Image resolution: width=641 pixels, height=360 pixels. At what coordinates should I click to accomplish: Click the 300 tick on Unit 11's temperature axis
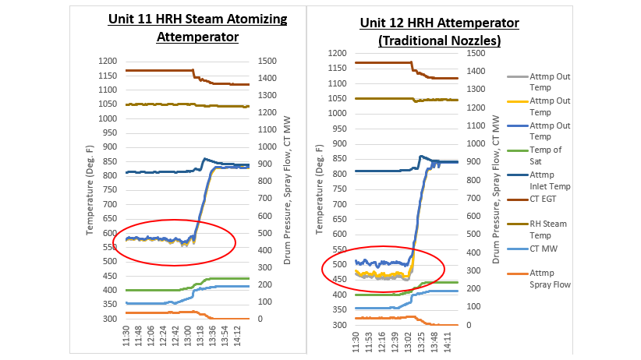pos(109,319)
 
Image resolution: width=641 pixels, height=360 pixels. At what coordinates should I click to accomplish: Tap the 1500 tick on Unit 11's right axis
pos(269,62)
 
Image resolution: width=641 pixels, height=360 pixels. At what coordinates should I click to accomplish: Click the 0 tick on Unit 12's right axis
pos(469,325)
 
